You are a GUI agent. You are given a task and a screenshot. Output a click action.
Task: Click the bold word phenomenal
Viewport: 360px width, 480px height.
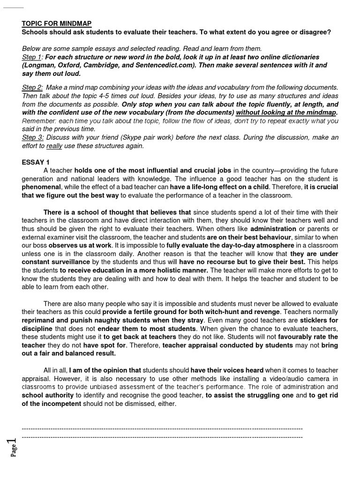[43, 187]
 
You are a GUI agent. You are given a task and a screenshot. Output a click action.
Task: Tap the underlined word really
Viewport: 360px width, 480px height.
[55, 146]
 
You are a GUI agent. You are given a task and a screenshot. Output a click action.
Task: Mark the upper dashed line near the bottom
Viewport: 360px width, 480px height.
[162, 428]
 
